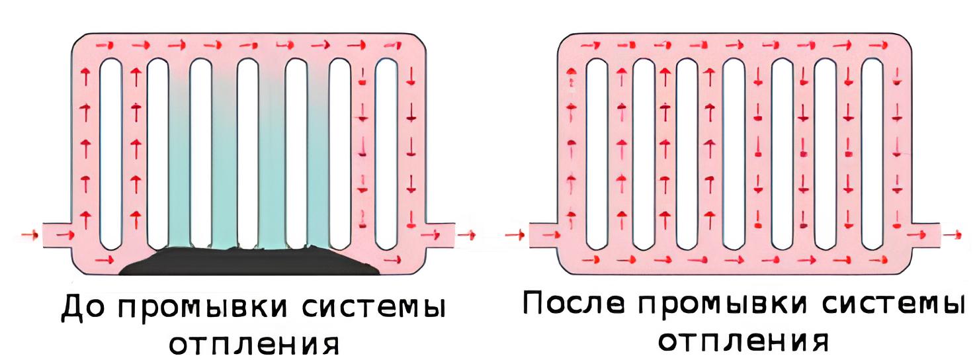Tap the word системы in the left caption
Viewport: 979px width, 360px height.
[373, 308]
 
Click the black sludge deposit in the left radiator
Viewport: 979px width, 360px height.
[249, 261]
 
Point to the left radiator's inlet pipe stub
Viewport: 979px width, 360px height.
[58, 236]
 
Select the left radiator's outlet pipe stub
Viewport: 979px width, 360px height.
[440, 236]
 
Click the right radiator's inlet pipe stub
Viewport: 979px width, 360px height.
[544, 236]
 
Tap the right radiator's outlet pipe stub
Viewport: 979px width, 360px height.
[925, 236]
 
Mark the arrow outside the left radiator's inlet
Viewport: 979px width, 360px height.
[29, 236]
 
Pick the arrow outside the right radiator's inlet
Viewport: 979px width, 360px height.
[515, 236]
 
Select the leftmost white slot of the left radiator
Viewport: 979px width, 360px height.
[110, 154]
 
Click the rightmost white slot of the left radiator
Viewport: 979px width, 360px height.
[386, 154]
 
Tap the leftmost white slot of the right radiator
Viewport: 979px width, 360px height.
[597, 154]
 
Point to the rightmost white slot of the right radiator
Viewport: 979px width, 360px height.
[873, 154]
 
